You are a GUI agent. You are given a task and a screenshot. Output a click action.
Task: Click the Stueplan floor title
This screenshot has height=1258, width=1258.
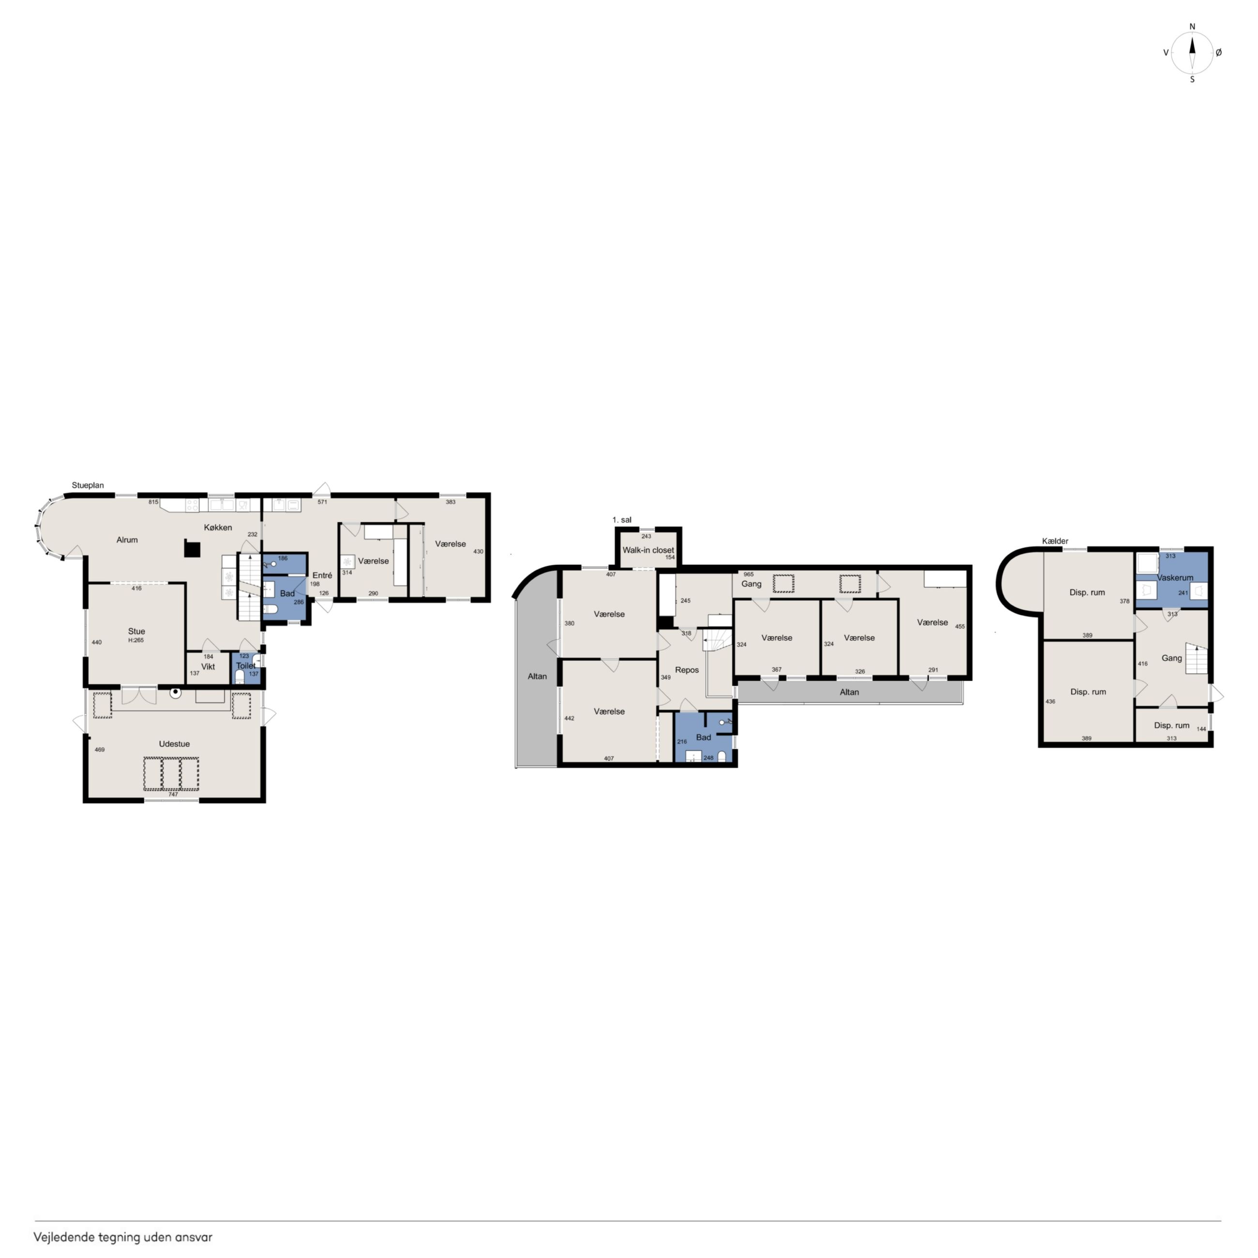point(88,485)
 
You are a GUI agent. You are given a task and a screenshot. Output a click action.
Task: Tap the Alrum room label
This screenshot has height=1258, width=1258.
point(127,540)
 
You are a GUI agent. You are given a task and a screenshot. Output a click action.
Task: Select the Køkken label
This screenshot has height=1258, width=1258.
point(218,527)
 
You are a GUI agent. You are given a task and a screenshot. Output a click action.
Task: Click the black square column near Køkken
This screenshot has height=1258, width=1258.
point(192,549)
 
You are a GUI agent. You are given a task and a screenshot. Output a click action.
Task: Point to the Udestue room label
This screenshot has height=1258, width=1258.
point(175,744)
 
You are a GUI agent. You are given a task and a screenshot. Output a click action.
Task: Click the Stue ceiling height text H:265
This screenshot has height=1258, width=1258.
point(136,641)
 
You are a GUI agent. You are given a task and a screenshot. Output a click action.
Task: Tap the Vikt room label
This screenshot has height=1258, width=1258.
point(209,667)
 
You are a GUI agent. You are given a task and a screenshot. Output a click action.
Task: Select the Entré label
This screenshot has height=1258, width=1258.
point(322,576)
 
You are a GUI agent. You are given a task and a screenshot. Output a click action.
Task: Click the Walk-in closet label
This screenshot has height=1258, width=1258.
point(648,550)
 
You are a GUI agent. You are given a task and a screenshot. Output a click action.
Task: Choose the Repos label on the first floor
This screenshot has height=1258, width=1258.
point(687,670)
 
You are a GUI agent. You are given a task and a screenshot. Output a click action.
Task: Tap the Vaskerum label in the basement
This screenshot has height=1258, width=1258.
point(1175,578)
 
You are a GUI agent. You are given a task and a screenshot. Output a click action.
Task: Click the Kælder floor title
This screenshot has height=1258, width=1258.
point(1055,541)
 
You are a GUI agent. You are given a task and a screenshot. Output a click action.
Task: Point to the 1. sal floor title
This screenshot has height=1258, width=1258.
point(622,520)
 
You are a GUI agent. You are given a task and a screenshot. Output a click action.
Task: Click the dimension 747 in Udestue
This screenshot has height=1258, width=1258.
point(173,794)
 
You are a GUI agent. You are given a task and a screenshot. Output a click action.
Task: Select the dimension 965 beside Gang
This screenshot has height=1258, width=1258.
point(749,574)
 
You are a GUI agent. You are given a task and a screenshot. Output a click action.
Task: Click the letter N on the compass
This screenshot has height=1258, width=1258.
point(1192,27)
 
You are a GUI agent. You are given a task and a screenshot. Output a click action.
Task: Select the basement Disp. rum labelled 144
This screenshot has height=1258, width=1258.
point(1172,725)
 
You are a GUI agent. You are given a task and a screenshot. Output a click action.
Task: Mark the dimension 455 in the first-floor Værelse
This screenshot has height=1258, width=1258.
point(960,627)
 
